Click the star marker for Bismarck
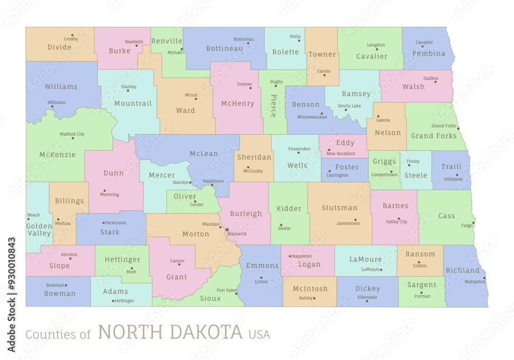227,229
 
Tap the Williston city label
57,102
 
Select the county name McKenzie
58,154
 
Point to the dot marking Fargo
473,222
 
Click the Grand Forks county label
434,136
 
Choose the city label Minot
191,95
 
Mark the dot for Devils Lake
345,110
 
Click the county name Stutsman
339,208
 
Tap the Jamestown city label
348,223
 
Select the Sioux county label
210,298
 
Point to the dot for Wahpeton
484,278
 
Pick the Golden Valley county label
39,229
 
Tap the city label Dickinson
116,223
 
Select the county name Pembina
429,53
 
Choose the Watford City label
72,134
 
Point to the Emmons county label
262,265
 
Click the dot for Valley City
398,218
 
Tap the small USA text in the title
259,334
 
